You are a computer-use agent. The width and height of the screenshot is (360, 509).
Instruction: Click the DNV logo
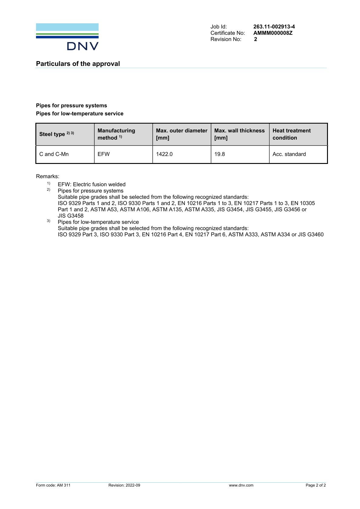click(67, 37)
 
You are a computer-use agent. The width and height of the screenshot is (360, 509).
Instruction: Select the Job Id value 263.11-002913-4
click(274, 27)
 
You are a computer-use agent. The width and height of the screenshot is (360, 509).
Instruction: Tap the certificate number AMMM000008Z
click(273, 33)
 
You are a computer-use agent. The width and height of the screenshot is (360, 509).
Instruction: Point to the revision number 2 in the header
click(255, 39)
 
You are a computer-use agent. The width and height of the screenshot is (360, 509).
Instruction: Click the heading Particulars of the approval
click(78, 64)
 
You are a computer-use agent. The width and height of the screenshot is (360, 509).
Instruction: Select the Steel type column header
click(57, 134)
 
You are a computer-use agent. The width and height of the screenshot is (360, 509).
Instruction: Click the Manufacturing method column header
click(116, 134)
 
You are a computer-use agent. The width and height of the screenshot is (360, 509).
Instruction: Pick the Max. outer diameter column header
click(182, 134)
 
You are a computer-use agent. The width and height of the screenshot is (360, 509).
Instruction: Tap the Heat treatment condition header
click(291, 134)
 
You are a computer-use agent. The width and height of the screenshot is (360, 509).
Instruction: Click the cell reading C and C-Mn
click(54, 154)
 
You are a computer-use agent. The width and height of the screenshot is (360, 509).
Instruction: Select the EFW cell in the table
click(103, 154)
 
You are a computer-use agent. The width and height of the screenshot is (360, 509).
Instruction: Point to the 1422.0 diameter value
click(164, 154)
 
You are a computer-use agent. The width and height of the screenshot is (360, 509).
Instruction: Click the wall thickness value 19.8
click(219, 154)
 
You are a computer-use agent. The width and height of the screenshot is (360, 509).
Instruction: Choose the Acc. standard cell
click(289, 154)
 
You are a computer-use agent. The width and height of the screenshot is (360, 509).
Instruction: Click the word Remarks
click(47, 176)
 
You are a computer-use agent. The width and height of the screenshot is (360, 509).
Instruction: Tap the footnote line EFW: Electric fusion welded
click(91, 184)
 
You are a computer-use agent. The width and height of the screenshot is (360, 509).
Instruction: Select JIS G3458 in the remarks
click(70, 216)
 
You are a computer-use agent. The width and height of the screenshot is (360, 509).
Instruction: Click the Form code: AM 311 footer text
click(53, 485)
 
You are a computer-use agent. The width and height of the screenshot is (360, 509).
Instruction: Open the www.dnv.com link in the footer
click(241, 485)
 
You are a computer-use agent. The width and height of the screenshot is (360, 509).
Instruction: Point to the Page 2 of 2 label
click(316, 485)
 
